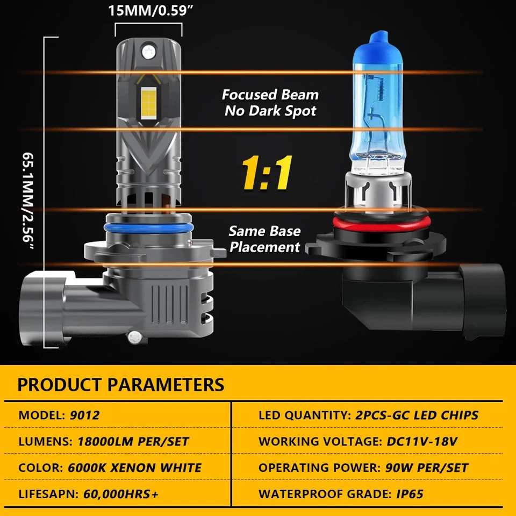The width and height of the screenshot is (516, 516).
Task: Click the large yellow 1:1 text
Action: click(267, 174)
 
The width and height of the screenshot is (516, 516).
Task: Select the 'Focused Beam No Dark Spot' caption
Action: click(270, 103)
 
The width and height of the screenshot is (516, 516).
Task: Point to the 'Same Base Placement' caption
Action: click(264, 239)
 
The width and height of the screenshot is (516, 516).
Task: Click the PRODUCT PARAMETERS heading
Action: click(120, 385)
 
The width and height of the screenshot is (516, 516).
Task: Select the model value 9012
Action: click(85, 415)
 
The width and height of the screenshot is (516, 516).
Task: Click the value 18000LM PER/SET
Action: click(133, 442)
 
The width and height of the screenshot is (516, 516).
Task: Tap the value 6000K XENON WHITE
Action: click(135, 468)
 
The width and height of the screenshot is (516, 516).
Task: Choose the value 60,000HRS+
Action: click(121, 494)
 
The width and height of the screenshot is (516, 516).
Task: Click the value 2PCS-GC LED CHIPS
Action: click(417, 415)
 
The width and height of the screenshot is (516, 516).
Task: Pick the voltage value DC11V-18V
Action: click(422, 442)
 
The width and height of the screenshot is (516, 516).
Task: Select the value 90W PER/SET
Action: click(427, 468)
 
